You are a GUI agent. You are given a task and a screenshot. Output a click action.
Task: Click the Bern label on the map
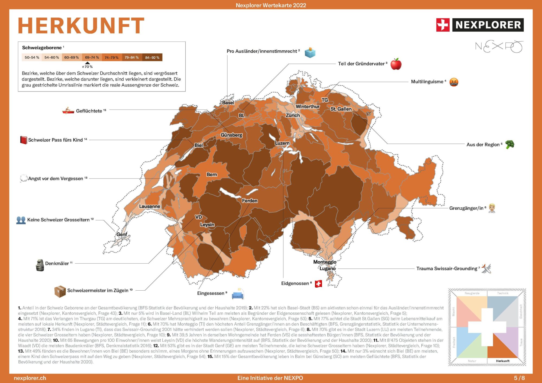click(212, 174)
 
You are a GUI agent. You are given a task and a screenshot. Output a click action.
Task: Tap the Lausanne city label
click(149, 206)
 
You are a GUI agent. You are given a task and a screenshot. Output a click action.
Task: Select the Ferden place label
click(250, 201)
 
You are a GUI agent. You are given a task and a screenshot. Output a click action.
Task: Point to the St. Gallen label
click(341, 109)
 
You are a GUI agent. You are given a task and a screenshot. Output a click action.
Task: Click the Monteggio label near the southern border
click(325, 262)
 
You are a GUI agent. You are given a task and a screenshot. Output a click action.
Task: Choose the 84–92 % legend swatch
click(152, 57)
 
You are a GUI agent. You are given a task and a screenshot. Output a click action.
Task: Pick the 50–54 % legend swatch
click(32, 57)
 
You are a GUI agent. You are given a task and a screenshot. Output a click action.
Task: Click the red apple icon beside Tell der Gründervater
click(396, 64)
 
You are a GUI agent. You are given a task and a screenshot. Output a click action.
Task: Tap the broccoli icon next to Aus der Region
click(509, 144)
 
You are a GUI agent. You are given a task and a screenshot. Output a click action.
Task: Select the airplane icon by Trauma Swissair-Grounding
click(486, 268)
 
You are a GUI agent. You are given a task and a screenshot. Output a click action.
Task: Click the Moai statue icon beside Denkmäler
click(40, 265)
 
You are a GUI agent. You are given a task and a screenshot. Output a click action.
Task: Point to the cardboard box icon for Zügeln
click(60, 291)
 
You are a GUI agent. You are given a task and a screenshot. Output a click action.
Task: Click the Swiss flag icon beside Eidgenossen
click(318, 284)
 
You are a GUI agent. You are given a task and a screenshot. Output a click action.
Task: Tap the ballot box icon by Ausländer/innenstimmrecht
click(310, 52)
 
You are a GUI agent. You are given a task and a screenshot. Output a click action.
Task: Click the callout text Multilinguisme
click(427, 82)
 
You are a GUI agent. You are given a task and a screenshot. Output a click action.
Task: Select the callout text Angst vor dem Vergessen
click(56, 178)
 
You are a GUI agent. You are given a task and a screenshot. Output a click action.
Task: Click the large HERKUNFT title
click(81, 26)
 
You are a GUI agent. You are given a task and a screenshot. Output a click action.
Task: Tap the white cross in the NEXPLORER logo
click(443, 25)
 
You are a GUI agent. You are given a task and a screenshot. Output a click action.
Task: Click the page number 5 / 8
click(519, 378)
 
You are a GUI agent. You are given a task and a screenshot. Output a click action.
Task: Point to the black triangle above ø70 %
click(87, 63)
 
